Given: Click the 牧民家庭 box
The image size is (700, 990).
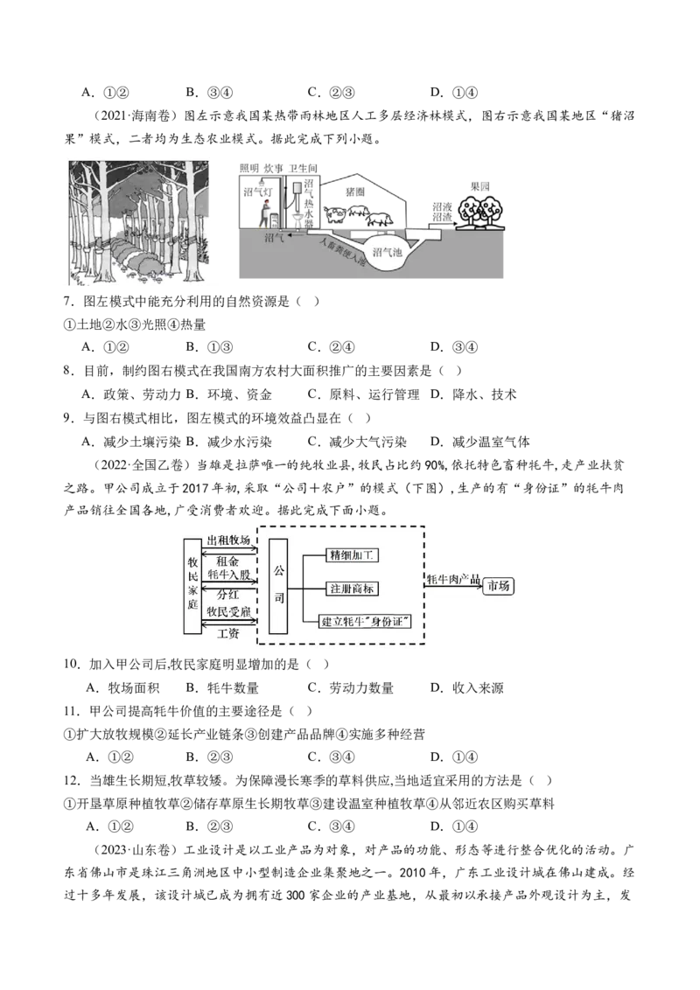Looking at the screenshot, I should [x=192, y=585].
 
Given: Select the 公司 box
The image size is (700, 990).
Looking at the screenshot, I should [x=279, y=585].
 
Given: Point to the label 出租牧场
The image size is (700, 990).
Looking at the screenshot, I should [x=229, y=540].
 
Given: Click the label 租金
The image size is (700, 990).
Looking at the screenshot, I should [x=227, y=560].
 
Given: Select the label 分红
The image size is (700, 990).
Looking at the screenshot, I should [x=227, y=594].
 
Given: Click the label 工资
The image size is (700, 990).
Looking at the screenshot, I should [x=227, y=632].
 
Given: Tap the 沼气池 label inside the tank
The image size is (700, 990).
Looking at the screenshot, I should [x=386, y=252].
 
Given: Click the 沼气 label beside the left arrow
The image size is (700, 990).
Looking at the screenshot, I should [x=275, y=237].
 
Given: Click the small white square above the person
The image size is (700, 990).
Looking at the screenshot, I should [x=297, y=188].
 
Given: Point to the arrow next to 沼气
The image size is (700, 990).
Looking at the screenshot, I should [x=297, y=234].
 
